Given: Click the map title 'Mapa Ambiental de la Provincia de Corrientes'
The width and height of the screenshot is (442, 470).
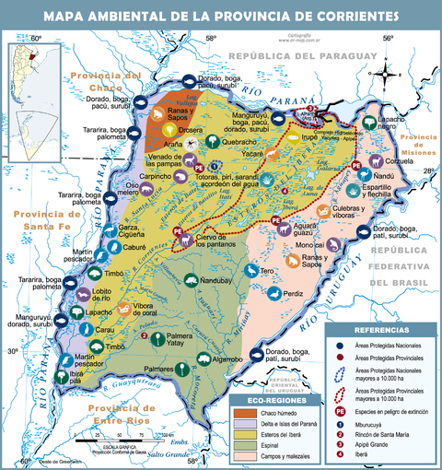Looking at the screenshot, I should point(221,17).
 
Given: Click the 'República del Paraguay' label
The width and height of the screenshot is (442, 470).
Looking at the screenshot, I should point(295,56).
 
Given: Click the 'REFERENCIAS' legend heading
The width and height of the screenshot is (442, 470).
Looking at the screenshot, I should point(381,329).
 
